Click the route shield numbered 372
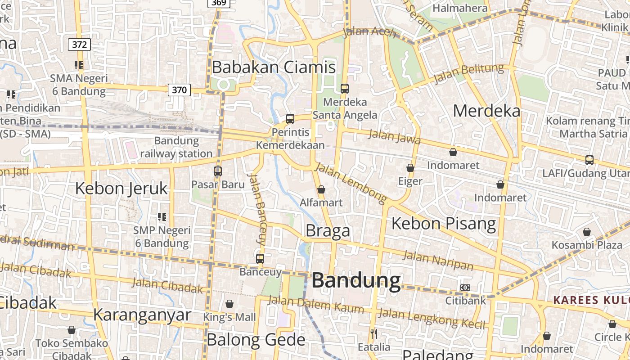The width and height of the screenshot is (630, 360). [79, 45]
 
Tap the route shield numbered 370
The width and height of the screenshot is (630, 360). [179, 90]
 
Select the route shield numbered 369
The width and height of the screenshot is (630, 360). [219, 3]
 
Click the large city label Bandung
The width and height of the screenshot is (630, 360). [356, 280]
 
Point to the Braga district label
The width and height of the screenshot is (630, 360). [328, 230]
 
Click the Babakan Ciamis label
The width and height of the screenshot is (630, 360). [274, 67]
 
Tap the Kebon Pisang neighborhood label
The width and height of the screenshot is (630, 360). [444, 223]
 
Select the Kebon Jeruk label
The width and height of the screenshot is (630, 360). [121, 188]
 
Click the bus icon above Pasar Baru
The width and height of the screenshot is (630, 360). [218, 171]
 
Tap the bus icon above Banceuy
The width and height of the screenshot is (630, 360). [260, 259]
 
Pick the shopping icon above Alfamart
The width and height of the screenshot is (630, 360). [321, 189]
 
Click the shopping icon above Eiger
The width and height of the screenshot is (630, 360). [410, 168]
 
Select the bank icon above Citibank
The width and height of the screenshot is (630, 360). [465, 288]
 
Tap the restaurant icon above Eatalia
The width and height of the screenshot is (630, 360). [373, 334]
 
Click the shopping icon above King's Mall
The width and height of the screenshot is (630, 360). [229, 304]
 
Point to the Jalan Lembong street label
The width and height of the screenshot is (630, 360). [351, 182]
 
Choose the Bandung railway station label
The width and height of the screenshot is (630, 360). [176, 147]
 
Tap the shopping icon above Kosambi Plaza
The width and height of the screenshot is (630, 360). [586, 232]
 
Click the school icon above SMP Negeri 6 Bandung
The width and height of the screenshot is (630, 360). [162, 217]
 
